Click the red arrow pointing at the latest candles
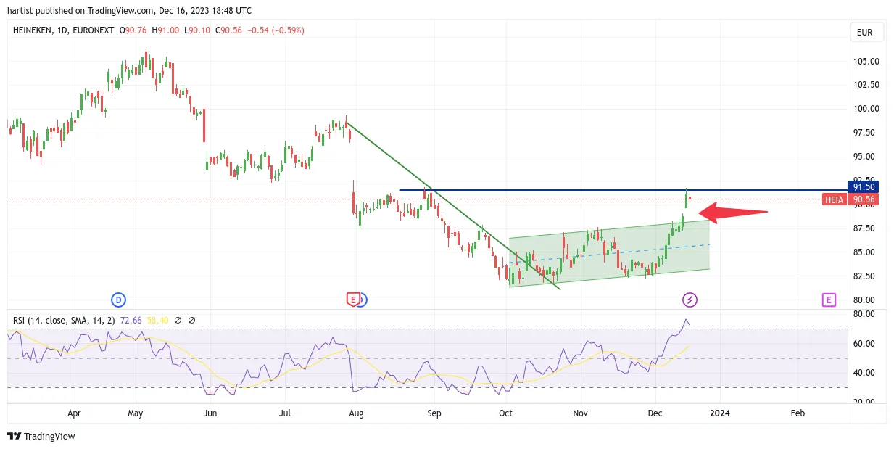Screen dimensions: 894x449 734,213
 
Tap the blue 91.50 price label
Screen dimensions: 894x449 864,187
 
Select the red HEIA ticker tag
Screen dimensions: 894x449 834,199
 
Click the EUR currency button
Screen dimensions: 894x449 865,33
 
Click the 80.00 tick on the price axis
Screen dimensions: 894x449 864,300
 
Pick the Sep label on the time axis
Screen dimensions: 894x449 434,413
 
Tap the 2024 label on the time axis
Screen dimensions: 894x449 720,413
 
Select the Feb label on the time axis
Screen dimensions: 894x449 798,413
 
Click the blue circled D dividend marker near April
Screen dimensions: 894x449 118,300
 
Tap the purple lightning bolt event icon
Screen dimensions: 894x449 690,300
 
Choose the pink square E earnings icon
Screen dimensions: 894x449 829,300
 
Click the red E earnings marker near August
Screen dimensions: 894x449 353,300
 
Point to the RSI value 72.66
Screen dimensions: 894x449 131,321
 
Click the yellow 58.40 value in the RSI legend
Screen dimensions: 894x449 157,321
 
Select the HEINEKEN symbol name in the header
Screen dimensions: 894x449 33,30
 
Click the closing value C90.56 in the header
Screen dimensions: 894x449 228,30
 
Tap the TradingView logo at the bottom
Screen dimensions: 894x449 41,436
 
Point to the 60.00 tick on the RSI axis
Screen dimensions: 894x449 864,344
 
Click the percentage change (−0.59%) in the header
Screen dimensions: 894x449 288,30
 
